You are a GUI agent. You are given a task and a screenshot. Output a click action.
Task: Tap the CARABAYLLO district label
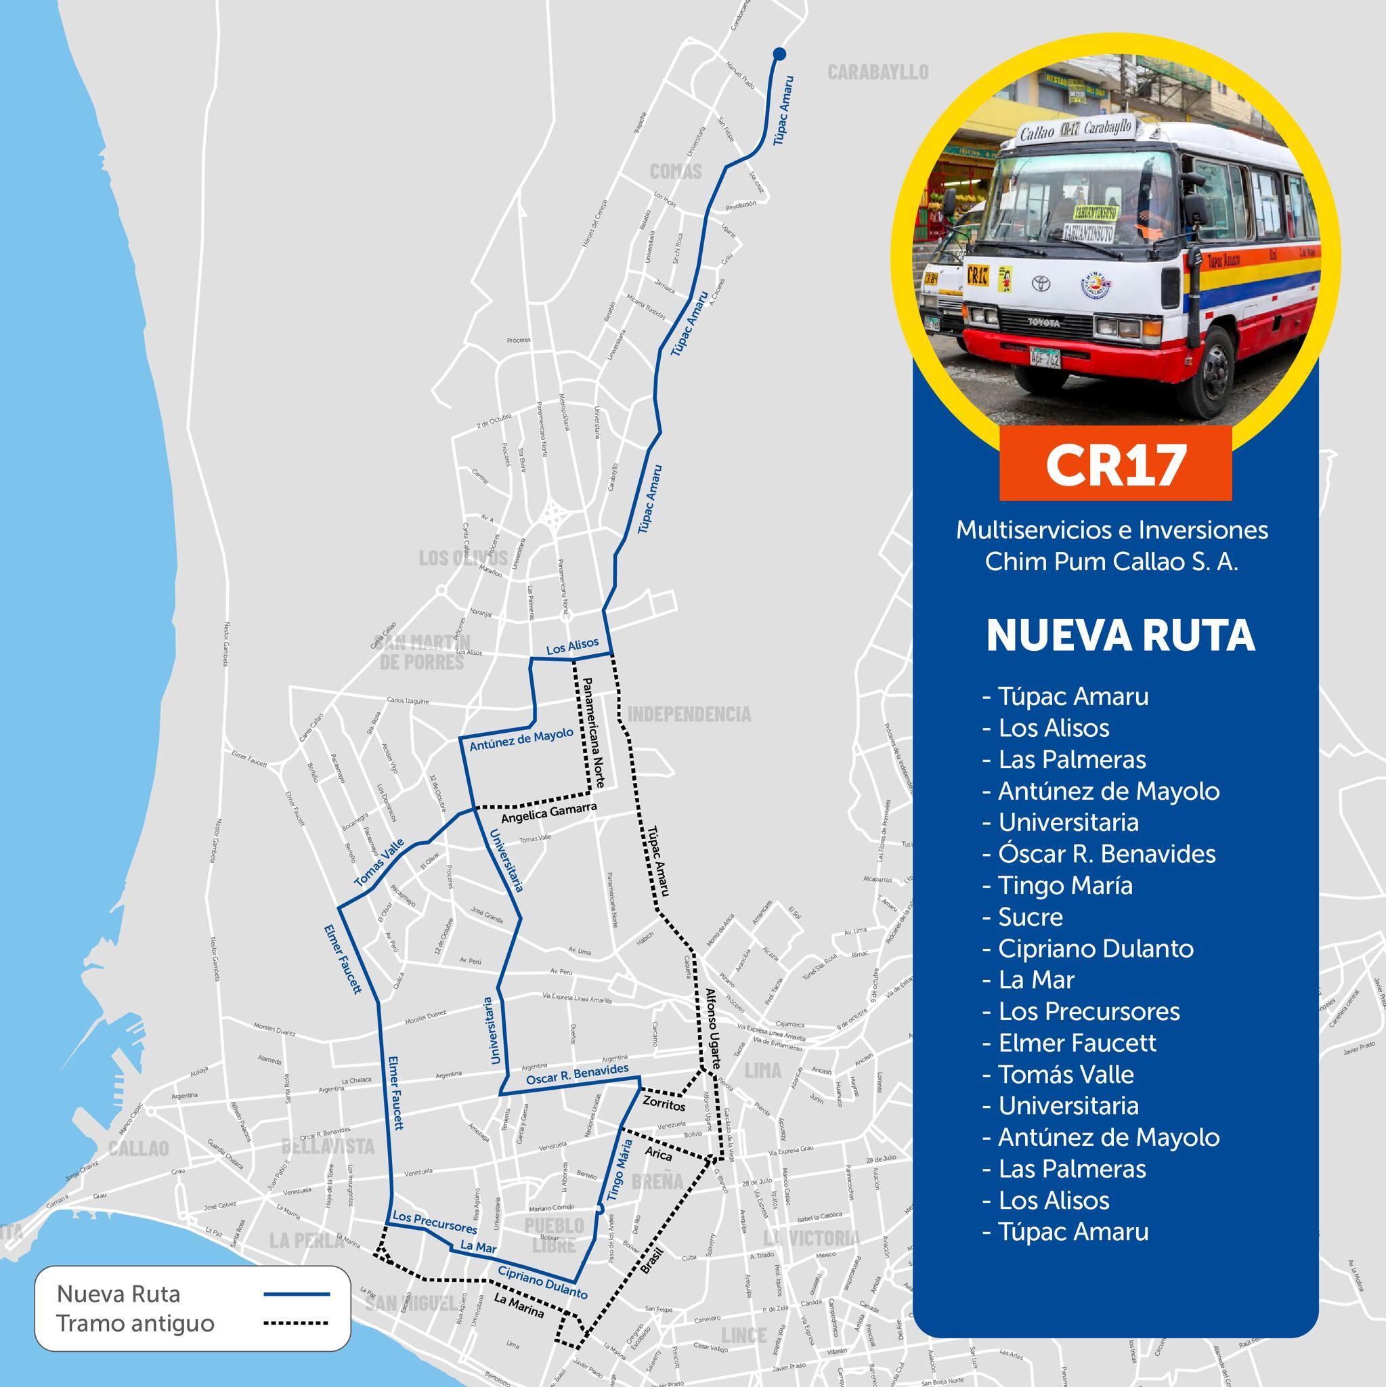(x=878, y=72)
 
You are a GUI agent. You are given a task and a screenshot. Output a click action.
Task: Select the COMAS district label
(x=676, y=171)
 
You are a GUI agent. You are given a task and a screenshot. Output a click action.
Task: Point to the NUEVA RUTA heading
(x=1121, y=636)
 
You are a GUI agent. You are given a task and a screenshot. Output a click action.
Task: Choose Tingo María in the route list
(x=1065, y=885)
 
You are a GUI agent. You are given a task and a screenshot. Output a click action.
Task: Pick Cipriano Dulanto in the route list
(x=1096, y=948)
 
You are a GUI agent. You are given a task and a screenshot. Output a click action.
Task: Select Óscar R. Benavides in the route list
(x=1107, y=853)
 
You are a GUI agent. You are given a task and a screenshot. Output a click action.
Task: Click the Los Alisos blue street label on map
(x=572, y=647)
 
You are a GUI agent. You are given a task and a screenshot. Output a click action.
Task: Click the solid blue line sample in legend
(x=297, y=1294)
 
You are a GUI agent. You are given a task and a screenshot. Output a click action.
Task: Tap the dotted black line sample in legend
(x=297, y=1323)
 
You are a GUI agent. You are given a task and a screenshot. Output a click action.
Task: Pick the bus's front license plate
(x=1044, y=357)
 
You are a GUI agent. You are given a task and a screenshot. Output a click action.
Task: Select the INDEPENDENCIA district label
(x=689, y=714)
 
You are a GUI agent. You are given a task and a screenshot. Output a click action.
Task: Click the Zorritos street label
(x=664, y=1104)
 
